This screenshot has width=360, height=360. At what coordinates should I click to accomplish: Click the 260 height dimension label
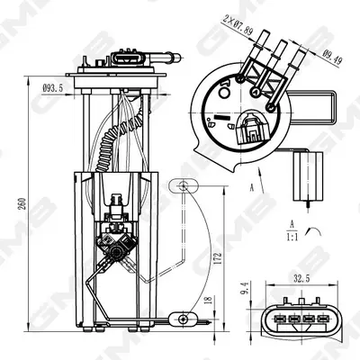[22, 203]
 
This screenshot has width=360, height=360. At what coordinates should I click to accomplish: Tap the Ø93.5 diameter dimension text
[53, 88]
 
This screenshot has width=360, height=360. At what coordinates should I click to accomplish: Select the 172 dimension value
[218, 258]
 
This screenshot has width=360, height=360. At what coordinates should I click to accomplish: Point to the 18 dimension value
[209, 299]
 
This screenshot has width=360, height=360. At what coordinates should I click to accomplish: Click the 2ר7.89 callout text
[238, 25]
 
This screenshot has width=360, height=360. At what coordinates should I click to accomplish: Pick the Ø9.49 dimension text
[332, 57]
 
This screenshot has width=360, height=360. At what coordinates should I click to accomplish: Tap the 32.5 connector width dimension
[301, 279]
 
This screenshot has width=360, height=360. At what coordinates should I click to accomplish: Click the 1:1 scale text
[292, 238]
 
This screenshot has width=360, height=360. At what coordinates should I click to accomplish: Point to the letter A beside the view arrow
[252, 188]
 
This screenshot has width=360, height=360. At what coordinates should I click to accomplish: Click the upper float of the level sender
[184, 185]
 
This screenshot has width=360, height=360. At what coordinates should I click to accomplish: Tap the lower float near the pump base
[183, 319]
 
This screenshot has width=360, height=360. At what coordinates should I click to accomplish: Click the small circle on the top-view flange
[223, 93]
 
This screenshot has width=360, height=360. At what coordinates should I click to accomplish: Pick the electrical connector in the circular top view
[251, 128]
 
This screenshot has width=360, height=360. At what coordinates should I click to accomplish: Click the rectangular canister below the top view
[308, 176]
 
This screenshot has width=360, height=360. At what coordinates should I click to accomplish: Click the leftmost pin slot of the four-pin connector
[280, 319]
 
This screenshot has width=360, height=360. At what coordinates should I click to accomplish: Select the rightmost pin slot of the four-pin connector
[323, 319]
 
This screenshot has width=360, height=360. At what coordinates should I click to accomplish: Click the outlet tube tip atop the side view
[177, 57]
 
